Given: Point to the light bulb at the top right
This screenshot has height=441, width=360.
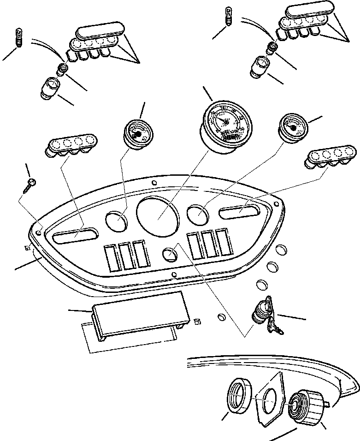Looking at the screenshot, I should (x=229, y=17).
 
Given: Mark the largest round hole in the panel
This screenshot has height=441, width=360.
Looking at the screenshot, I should (x=157, y=215).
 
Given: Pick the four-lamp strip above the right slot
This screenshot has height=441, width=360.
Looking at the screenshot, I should (x=325, y=157).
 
